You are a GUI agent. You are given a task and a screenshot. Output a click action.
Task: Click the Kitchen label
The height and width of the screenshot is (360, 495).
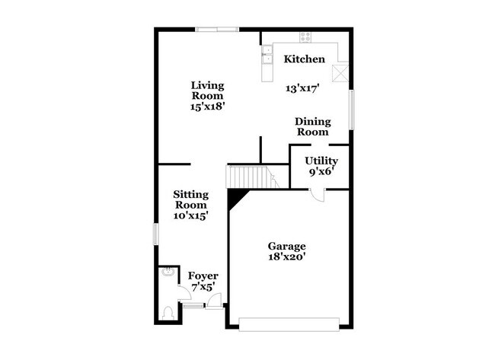point(305,59)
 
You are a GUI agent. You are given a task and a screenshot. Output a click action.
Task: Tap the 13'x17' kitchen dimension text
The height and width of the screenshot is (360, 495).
point(302,88)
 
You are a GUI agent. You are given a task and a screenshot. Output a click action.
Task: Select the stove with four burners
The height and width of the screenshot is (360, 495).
point(306,37)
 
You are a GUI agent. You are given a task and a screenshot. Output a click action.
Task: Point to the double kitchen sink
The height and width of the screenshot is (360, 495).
point(267,56)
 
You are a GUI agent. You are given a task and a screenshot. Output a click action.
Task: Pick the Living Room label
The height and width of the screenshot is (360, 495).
point(207,91)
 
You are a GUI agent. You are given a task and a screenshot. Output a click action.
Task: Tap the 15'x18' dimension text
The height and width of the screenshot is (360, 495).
point(207,107)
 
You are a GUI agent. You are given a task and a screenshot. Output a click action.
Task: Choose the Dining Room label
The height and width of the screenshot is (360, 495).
point(311,126)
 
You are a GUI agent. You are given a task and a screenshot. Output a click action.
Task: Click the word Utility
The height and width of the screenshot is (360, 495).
point(321,161)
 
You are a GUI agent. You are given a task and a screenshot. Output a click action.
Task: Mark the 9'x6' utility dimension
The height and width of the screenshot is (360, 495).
point(321,173)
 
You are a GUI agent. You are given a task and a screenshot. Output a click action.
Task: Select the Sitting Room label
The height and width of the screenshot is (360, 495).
point(191,199)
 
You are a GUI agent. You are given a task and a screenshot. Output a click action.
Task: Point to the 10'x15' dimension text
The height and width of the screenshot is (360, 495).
point(191,215)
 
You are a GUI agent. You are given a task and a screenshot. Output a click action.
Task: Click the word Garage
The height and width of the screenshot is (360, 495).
point(286,246)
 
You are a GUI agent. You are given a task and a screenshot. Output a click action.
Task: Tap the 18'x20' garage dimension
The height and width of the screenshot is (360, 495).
point(286,257)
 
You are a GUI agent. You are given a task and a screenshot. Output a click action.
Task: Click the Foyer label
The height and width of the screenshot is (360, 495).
point(203,276)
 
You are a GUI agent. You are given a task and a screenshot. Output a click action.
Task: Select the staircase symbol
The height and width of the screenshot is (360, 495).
point(251,177)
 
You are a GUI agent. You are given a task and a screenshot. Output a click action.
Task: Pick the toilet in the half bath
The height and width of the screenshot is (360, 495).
point(168,311)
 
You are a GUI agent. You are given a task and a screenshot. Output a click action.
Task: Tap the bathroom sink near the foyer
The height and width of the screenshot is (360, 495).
point(167,275)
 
